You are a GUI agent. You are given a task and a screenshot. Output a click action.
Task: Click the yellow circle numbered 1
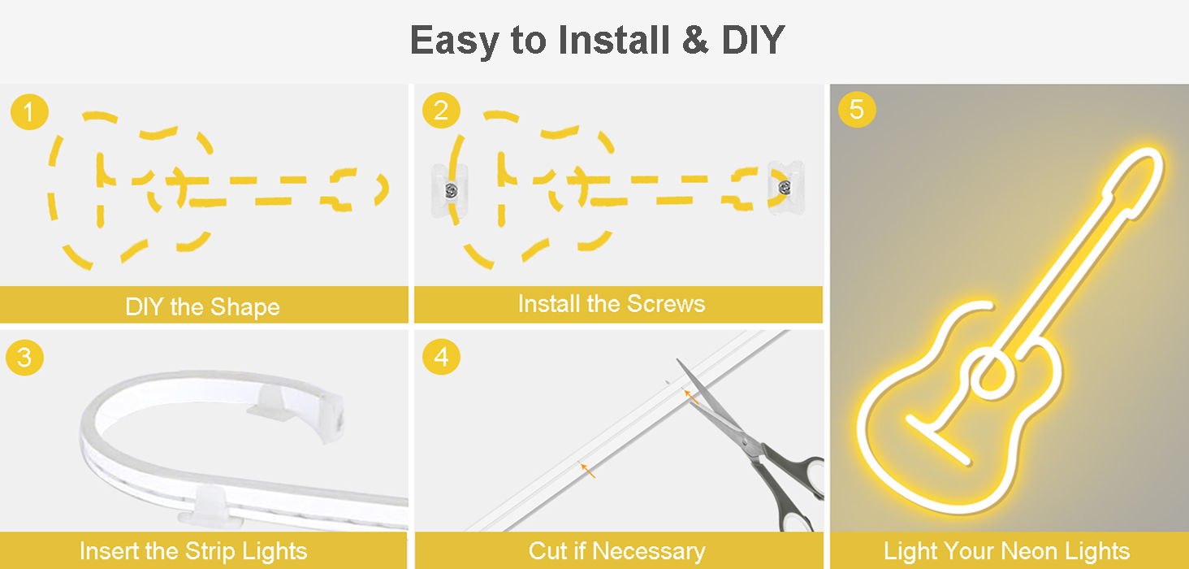tap(29, 111)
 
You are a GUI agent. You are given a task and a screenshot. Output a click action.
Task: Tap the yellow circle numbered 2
tap(441, 110)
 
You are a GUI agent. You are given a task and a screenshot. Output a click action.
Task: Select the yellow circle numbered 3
tap(24, 357)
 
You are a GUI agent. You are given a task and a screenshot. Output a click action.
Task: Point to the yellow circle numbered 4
tap(441, 357)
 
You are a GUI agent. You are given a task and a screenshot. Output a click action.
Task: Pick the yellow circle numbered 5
tap(857, 109)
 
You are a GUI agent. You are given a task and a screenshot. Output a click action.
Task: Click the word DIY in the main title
tap(753, 40)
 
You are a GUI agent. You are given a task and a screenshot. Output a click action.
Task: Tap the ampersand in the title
tap(695, 40)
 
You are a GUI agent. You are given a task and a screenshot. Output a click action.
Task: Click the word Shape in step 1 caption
tap(244, 307)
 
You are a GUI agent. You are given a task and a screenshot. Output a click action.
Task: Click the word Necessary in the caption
tap(649, 551)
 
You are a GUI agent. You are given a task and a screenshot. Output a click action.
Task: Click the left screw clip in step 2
tap(450, 190)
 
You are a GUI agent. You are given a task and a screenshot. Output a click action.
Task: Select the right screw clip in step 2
tap(785, 188)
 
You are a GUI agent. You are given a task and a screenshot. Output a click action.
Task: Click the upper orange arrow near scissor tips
tap(690, 397)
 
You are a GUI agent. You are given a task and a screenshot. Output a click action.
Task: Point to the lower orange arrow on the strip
tap(588, 471)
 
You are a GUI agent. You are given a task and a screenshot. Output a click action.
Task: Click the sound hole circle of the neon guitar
tap(991, 374)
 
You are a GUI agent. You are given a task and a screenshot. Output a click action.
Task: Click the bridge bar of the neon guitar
tap(939, 441)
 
